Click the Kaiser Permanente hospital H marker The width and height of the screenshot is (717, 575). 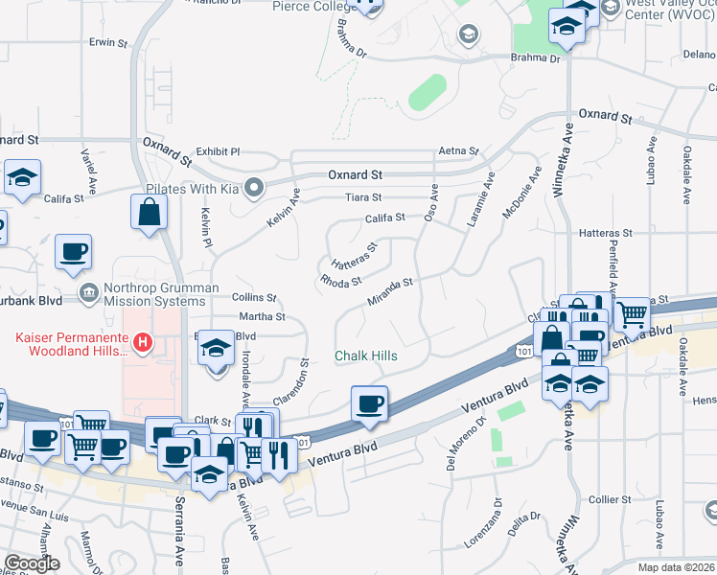(143, 341)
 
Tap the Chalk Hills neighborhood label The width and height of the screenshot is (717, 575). (365, 356)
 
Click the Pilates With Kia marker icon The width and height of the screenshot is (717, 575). (253, 187)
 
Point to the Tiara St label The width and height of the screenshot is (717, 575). (363, 198)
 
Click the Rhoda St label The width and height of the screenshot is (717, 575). (340, 282)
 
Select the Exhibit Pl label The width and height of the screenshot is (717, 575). (218, 151)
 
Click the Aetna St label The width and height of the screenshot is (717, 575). (457, 151)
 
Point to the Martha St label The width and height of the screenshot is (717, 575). (263, 316)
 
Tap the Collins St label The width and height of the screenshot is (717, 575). (254, 298)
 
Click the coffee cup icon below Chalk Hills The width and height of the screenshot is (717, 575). (369, 403)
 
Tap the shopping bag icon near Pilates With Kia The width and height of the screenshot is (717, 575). (150, 214)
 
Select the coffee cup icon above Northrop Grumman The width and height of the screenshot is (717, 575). (73, 253)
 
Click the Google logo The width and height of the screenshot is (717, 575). (32, 563)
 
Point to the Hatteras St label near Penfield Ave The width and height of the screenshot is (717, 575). (606, 233)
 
